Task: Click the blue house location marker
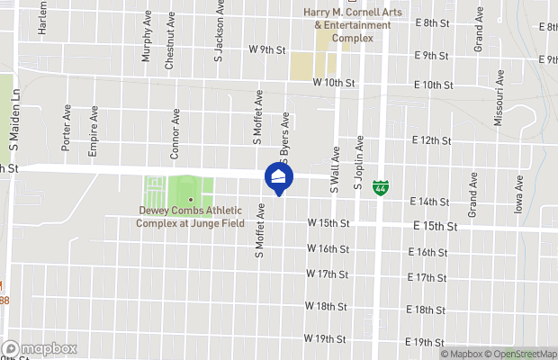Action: [x=279, y=177]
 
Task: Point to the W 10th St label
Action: [x=335, y=83]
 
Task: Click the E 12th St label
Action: [x=431, y=140]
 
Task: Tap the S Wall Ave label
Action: [x=334, y=171]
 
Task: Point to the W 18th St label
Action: [x=327, y=307]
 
